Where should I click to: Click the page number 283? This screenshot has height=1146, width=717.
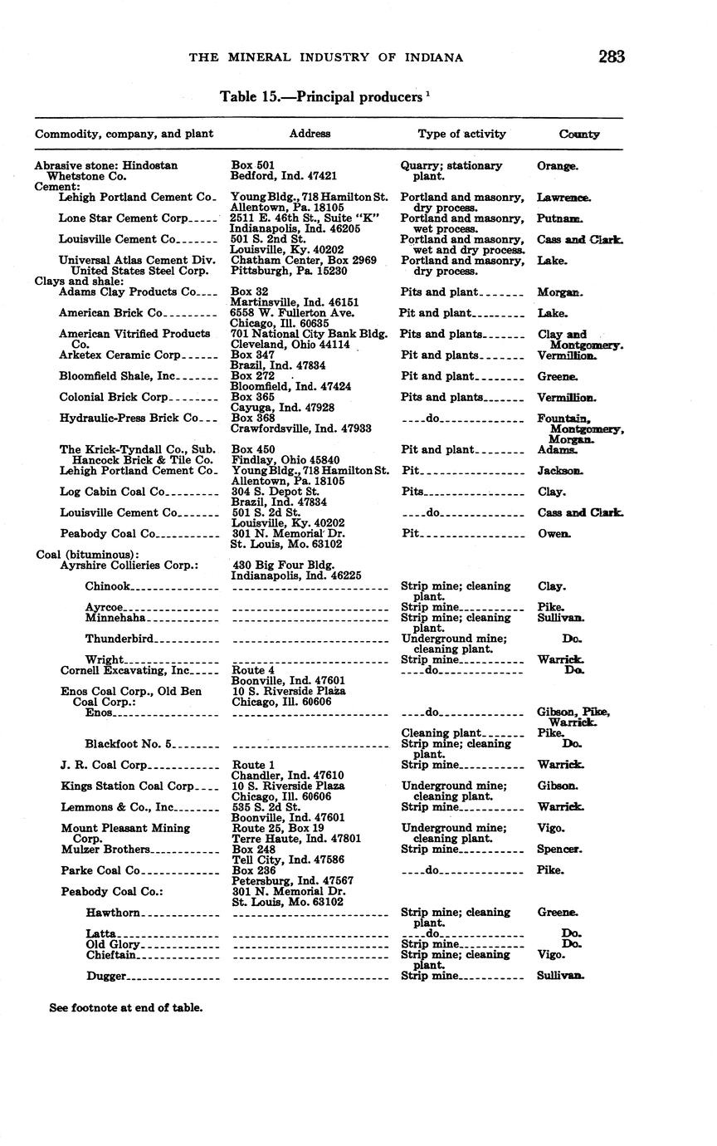pyautogui.click(x=610, y=56)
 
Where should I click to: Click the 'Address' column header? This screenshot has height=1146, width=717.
pyautogui.click(x=310, y=134)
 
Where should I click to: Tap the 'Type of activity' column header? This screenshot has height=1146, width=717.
pyautogui.click(x=461, y=134)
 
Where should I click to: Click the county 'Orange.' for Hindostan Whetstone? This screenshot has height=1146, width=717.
pyautogui.click(x=558, y=166)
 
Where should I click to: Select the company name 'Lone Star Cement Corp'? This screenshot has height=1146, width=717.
pyautogui.click(x=124, y=218)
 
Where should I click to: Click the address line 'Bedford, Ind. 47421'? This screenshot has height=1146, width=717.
pyautogui.click(x=283, y=176)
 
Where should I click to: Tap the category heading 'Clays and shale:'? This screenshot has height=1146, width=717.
pyautogui.click(x=79, y=282)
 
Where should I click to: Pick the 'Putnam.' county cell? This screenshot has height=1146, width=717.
pyautogui.click(x=559, y=218)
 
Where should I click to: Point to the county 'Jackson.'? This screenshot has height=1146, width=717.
pyautogui.click(x=560, y=471)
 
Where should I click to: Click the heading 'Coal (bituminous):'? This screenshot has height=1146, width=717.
pyautogui.click(x=87, y=555)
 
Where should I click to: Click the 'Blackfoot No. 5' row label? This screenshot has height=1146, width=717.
pyautogui.click(x=128, y=744)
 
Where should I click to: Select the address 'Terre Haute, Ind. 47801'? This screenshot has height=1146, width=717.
pyautogui.click(x=295, y=839)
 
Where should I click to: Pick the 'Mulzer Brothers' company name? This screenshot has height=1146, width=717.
pyautogui.click(x=105, y=850)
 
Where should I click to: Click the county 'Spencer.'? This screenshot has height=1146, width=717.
pyautogui.click(x=560, y=850)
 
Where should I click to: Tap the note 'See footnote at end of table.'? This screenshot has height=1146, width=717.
pyautogui.click(x=125, y=1007)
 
